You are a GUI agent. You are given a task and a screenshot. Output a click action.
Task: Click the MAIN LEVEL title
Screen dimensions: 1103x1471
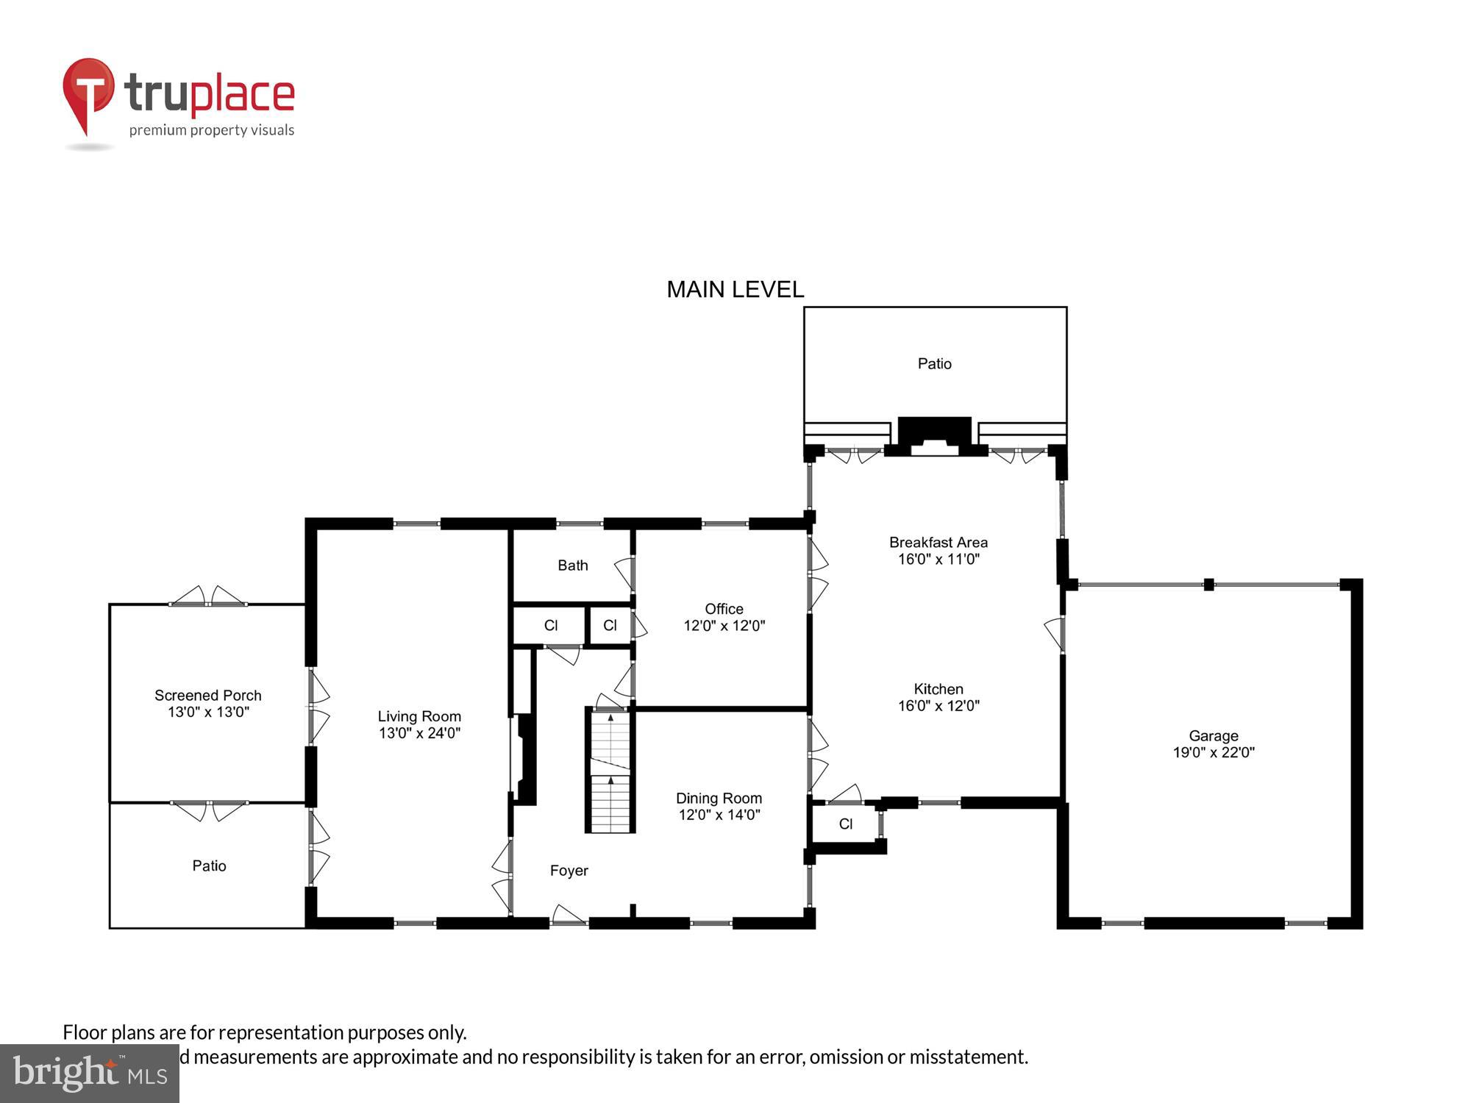[735, 290]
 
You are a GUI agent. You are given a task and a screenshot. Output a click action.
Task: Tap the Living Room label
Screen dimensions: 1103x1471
[419, 716]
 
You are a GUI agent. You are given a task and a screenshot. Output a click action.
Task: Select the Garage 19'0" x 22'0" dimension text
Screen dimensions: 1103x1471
[1214, 752]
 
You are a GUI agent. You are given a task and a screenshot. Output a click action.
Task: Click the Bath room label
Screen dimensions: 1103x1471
[572, 565]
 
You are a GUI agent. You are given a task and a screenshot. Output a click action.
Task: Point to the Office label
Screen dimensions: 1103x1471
[724, 609]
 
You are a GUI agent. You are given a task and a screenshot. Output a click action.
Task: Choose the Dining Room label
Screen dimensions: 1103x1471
[719, 798]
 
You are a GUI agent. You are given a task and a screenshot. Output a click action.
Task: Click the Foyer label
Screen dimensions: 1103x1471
[569, 871]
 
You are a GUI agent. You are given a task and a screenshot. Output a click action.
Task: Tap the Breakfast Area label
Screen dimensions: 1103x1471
[938, 543]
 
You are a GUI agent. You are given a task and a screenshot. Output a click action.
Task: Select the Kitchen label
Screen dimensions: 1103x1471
[938, 689]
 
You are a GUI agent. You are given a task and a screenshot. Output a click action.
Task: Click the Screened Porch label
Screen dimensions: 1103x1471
[207, 696]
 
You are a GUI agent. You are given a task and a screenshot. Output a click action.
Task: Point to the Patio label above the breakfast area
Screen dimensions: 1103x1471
[934, 364]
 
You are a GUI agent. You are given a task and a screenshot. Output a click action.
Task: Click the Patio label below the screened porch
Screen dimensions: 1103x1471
[209, 866]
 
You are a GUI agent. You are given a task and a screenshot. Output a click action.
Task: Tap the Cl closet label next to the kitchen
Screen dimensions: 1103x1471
[845, 824]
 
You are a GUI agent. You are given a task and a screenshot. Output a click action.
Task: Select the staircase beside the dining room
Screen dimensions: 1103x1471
[610, 772]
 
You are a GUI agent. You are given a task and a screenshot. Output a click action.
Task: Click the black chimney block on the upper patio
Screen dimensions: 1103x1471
[934, 434]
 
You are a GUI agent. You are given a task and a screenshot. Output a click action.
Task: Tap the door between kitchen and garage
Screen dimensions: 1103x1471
[1056, 634]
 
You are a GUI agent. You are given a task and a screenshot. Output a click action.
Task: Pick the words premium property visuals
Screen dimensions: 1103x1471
[212, 131]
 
